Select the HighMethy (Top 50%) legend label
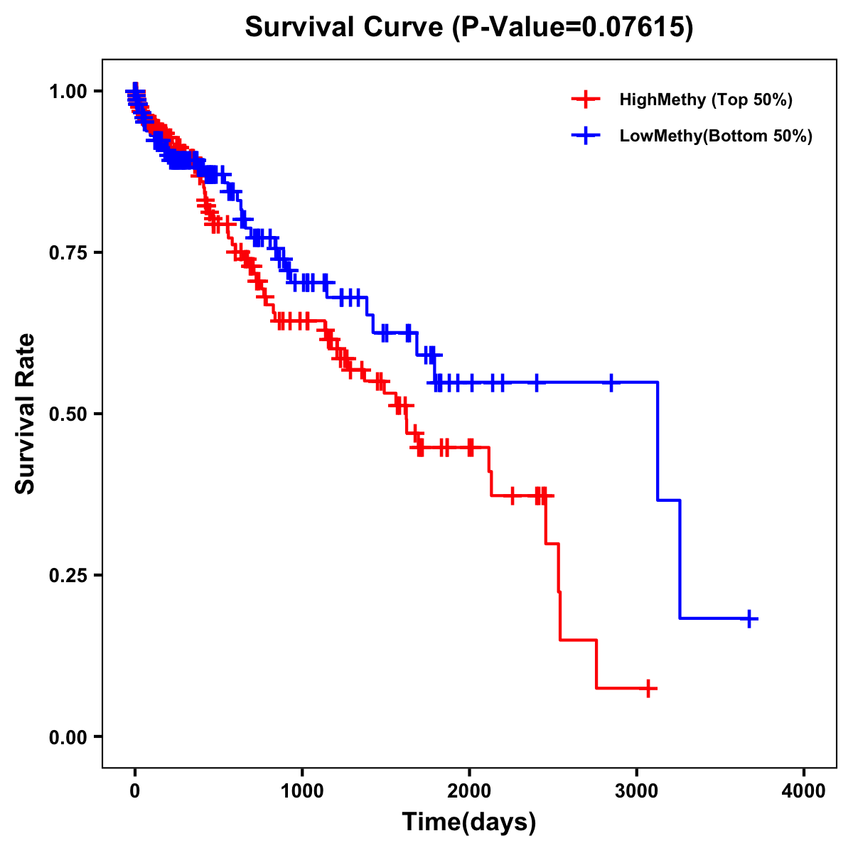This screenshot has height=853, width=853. (705, 100)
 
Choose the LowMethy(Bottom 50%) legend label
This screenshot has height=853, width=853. (715, 136)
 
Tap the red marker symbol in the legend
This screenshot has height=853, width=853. (585, 100)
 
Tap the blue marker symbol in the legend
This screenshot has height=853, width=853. (585, 136)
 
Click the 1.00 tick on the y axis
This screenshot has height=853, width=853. (69, 91)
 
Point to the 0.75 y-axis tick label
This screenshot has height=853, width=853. (69, 252)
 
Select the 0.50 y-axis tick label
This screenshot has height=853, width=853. (69, 414)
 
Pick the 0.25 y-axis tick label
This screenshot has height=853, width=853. (69, 575)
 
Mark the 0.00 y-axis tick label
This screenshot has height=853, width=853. (69, 736)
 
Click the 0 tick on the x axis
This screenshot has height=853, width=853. (135, 790)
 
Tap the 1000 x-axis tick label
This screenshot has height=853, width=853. (302, 790)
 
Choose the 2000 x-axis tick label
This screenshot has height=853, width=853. (469, 790)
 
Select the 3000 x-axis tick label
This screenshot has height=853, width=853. (637, 790)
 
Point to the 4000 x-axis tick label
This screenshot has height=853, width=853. (804, 790)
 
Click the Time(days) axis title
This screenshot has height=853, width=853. (469, 822)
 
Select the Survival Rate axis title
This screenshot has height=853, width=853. (26, 414)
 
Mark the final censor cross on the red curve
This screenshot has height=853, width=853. (648, 688)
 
